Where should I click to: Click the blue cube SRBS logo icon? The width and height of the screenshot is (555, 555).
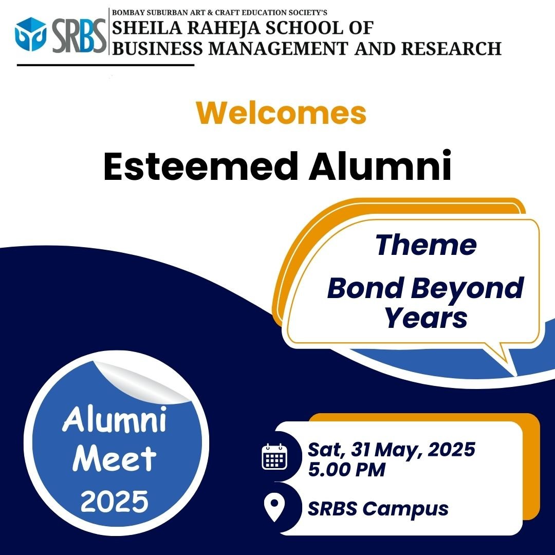30,34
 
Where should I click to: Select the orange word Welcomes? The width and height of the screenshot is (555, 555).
282,113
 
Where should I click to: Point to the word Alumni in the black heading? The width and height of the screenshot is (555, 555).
380,165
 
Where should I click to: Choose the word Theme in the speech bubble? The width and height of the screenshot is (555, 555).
426,245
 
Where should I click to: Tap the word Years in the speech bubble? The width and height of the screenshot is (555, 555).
426,318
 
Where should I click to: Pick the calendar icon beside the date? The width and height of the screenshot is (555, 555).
274,457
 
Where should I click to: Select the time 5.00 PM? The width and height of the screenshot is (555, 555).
346,470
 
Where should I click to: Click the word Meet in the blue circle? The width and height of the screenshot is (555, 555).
114,458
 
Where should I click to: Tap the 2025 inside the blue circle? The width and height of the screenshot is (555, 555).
114,501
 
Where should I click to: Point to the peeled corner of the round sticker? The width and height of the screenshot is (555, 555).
142,382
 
